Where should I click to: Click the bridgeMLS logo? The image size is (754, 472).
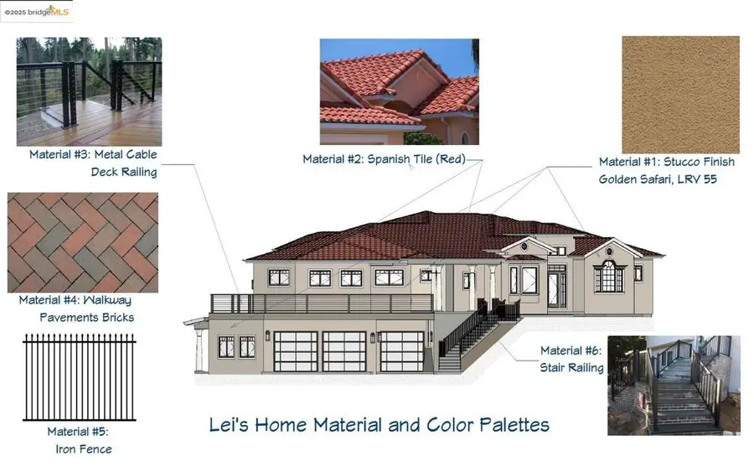[x=37, y=11]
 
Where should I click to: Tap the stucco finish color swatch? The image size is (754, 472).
[x=680, y=94]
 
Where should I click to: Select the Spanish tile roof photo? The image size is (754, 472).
[x=399, y=91]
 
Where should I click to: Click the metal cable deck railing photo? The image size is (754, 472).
[x=89, y=91]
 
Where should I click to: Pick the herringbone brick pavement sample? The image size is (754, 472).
[x=82, y=242]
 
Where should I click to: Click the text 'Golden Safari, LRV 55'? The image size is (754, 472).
[x=657, y=179]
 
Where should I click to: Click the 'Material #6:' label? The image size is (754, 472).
[x=571, y=350]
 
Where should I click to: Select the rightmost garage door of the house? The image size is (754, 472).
[x=401, y=351]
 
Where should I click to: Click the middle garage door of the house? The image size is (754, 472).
[x=344, y=351]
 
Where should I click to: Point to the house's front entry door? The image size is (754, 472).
[x=555, y=287]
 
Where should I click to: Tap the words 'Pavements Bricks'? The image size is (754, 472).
[x=87, y=317]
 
